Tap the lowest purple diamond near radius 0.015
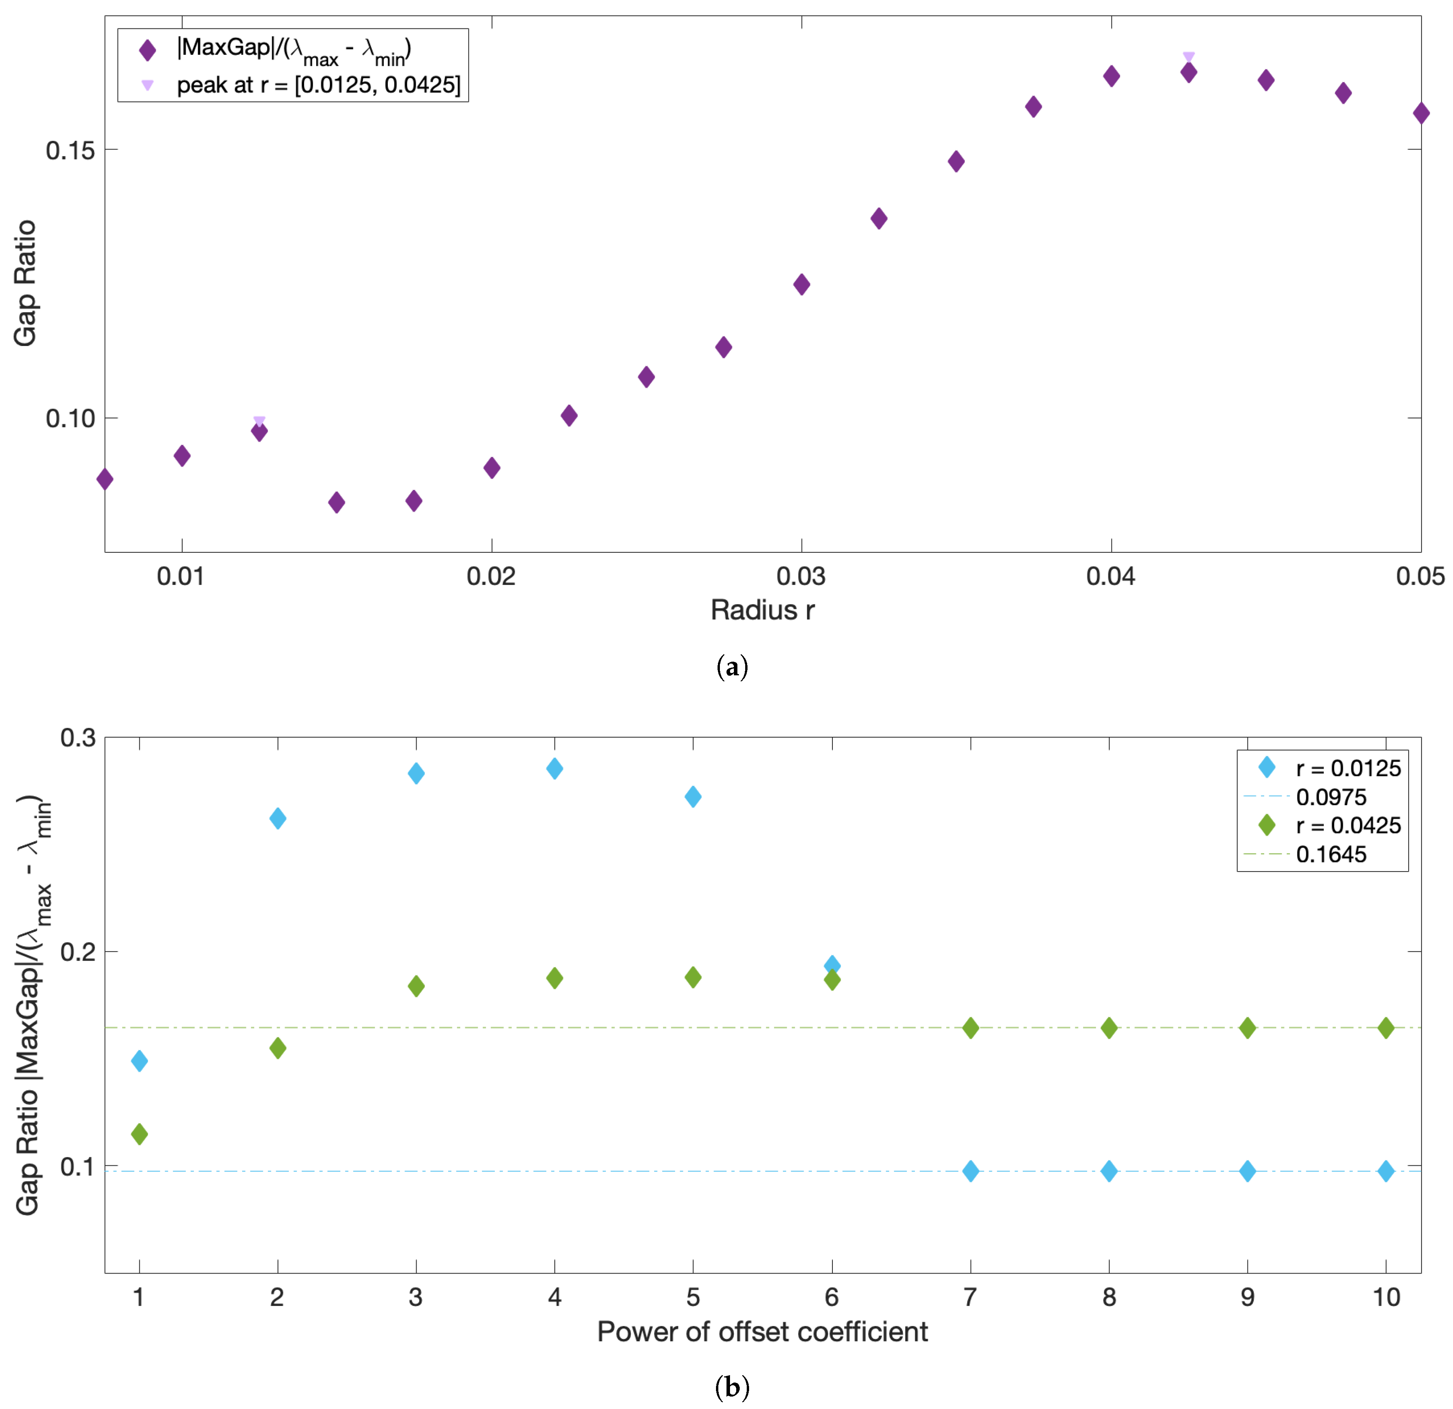pos(336,502)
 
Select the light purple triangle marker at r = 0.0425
pos(1188,57)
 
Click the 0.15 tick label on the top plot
pos(70,151)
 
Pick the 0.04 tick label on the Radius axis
pos(1110,576)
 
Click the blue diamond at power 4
pos(554,769)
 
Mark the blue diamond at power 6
pos(832,965)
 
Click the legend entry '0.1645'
pos(1331,855)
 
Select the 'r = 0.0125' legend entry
pos(1348,769)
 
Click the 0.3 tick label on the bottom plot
pos(78,738)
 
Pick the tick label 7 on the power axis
pos(970,1297)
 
